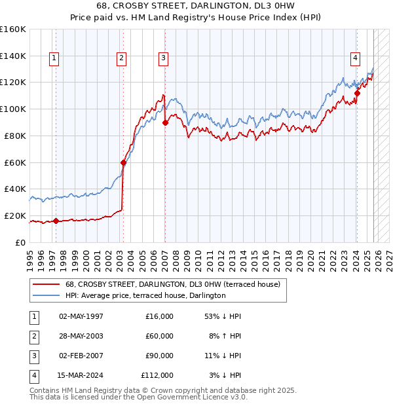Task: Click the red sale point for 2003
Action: tap(123, 162)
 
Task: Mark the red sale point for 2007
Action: tap(165, 122)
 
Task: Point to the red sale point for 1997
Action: tap(56, 221)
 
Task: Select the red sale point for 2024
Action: tap(357, 92)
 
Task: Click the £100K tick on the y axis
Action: tap(13, 109)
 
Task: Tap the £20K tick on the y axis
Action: tap(14, 215)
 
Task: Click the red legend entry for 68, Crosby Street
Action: tap(173, 284)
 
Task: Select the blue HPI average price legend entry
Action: tap(145, 295)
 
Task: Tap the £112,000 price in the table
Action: tap(157, 375)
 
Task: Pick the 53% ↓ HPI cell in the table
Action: tap(223, 316)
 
